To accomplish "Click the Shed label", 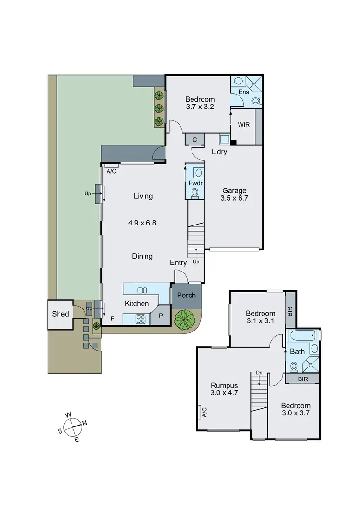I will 60,314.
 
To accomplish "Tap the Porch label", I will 187,295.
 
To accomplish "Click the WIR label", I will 243,124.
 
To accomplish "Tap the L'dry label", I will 219,152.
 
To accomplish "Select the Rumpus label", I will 224,385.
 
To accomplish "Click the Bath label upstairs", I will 298,352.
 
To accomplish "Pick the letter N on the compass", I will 85,423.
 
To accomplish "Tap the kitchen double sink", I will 142,290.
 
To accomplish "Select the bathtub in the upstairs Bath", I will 301,335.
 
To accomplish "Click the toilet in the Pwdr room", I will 195,192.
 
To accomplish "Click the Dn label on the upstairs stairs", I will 259,372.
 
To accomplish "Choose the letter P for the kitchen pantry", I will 160,317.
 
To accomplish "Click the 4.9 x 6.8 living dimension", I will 143,223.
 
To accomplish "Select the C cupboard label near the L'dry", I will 194,139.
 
